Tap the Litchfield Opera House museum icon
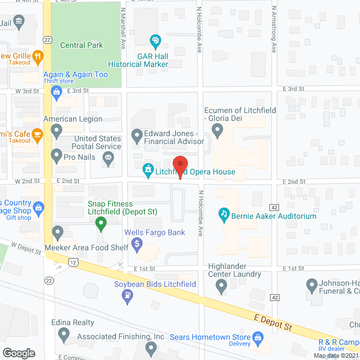148,169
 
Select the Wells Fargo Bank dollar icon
137,244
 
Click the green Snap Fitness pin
101,224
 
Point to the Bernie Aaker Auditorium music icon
224,214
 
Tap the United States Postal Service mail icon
107,160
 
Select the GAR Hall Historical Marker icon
156,40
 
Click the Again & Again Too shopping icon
49,91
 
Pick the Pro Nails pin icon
56,155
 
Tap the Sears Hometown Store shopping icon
258,337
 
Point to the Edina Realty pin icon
63,335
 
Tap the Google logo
18,353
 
